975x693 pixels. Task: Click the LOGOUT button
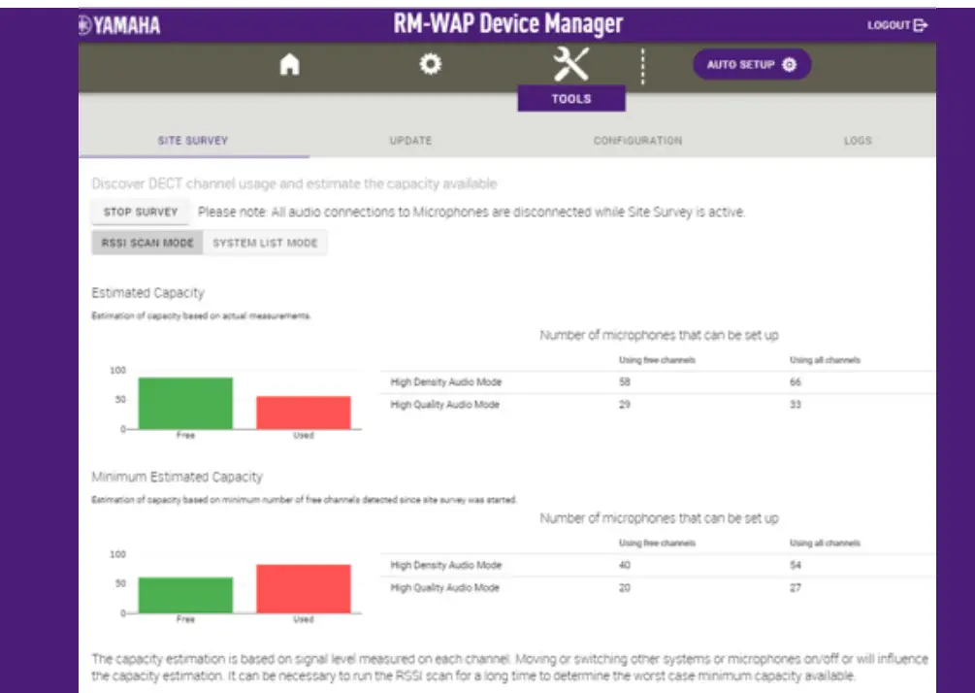897,25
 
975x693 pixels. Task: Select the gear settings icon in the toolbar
430,64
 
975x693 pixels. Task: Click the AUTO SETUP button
752,65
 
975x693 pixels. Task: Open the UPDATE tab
410,141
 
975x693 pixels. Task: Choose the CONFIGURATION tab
637,141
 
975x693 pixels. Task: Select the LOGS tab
858,141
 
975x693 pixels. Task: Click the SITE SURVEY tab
193,141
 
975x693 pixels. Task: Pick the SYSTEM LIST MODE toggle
265,243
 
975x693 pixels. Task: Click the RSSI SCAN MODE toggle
147,243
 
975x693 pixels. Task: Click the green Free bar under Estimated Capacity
185,403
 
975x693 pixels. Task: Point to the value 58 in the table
625,382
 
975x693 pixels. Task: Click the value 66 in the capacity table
796,382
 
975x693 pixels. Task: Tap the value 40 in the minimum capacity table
625,565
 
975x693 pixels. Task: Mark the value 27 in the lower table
796,588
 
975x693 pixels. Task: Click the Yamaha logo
120,26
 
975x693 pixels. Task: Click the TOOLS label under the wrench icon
571,99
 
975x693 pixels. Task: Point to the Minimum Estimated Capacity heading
177,478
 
